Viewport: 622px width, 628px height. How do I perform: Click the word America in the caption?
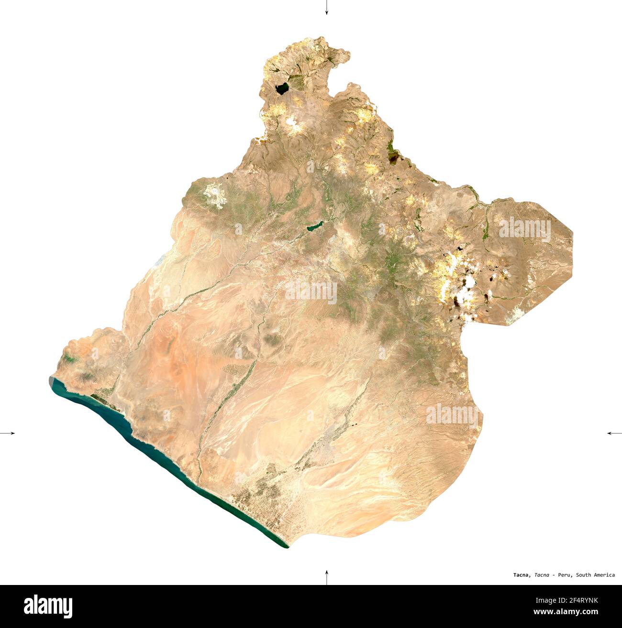click(x=605, y=575)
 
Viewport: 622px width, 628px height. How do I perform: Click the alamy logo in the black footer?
click(x=48, y=606)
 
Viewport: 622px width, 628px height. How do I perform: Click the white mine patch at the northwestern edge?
click(x=215, y=195)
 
